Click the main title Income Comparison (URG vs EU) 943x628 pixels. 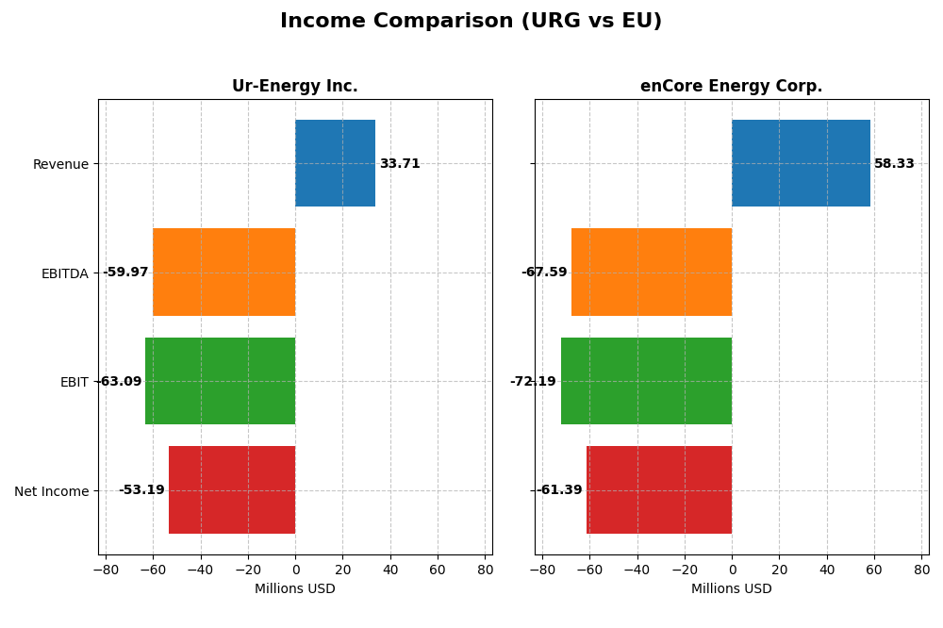(471, 21)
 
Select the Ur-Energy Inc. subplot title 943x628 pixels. (294, 86)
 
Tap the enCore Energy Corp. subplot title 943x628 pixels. (731, 86)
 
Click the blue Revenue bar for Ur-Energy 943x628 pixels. (335, 163)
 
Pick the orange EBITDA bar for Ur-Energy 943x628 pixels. (223, 272)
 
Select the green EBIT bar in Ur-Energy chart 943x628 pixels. (220, 381)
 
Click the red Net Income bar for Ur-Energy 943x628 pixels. (232, 489)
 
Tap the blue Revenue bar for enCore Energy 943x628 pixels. (801, 163)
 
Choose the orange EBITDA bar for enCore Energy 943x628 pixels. (652, 272)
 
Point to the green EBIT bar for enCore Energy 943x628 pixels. (646, 381)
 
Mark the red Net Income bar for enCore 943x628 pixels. (659, 489)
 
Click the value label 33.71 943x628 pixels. (400, 164)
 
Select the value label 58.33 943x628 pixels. (894, 164)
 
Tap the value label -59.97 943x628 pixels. (125, 273)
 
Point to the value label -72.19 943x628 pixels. (533, 382)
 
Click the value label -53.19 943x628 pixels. (141, 490)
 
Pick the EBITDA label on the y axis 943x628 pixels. (64, 273)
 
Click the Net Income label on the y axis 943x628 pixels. (51, 491)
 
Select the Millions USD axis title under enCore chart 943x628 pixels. (731, 588)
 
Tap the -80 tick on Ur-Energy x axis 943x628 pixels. (105, 570)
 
